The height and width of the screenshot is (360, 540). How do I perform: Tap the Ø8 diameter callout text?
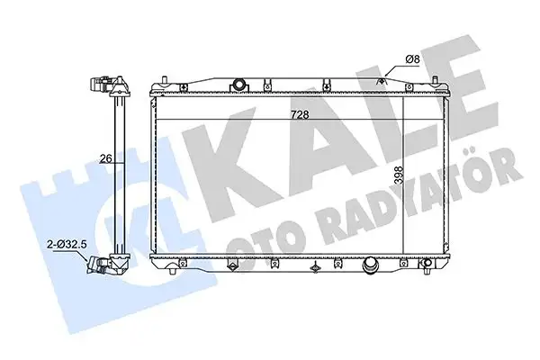pyautogui.click(x=412, y=59)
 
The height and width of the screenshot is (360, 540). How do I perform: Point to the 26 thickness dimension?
pyautogui.click(x=105, y=158)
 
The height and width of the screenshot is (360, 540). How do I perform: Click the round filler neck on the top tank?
pyautogui.click(x=238, y=85)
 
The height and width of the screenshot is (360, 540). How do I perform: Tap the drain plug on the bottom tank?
pyautogui.click(x=369, y=266)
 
